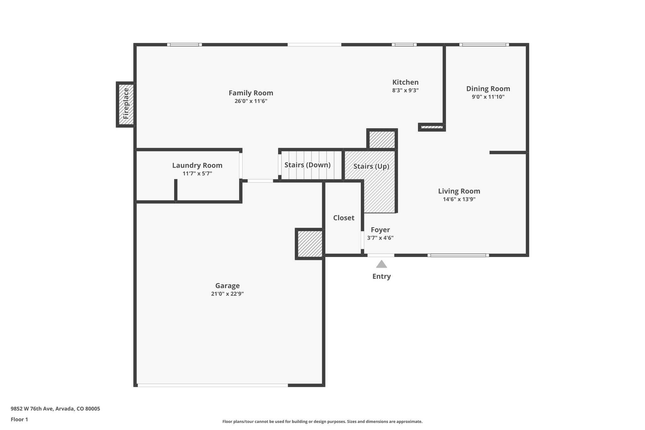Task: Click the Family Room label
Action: (251, 93)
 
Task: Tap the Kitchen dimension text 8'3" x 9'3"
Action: (405, 90)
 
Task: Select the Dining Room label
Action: (488, 89)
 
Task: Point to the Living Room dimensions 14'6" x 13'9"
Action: (459, 199)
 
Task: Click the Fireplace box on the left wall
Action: (126, 104)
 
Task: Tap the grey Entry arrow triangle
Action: (381, 264)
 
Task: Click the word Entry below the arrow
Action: (381, 276)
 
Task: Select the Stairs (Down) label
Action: (307, 165)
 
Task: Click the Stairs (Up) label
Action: (371, 166)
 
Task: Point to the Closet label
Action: (344, 218)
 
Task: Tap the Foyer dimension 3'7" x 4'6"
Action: (380, 238)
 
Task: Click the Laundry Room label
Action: (197, 165)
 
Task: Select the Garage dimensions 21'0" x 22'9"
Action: (227, 294)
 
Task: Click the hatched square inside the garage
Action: (310, 244)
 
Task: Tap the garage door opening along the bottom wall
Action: (213, 385)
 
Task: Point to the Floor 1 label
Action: (19, 419)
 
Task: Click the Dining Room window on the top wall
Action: (484, 45)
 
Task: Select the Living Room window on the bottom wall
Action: (458, 255)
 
